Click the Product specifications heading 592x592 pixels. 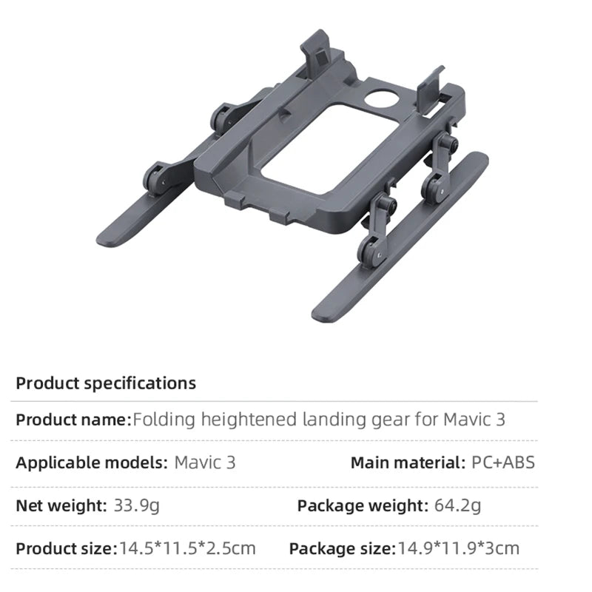click(x=106, y=383)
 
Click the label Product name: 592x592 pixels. click(x=73, y=420)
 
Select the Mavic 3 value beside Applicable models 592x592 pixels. click(x=205, y=463)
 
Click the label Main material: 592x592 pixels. click(x=408, y=463)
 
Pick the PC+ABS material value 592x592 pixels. click(x=503, y=463)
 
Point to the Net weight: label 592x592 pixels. click(x=61, y=506)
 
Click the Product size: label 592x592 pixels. click(x=67, y=548)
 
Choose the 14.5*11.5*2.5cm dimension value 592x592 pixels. click(x=187, y=548)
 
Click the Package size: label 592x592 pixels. click(x=341, y=548)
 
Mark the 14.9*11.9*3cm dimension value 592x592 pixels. click(x=459, y=548)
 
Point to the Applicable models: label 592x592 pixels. click(x=91, y=463)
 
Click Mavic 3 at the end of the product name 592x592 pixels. click(x=474, y=420)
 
